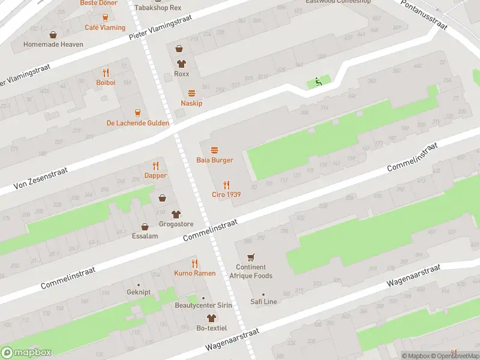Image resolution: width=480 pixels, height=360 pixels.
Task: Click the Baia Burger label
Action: point(214,160)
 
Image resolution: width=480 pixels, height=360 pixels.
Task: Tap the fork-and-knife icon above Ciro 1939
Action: point(226,184)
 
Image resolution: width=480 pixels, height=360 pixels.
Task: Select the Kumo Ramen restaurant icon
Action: point(194,263)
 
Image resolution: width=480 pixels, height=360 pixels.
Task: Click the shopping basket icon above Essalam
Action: point(145,227)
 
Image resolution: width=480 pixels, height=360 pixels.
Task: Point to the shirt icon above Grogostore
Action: point(176,214)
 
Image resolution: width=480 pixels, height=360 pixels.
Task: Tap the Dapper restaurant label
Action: point(155,176)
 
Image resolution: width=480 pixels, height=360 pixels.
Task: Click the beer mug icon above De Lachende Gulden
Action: point(137,113)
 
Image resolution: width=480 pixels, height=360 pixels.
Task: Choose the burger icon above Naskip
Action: point(191,93)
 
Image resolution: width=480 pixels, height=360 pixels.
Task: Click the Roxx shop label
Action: point(181,74)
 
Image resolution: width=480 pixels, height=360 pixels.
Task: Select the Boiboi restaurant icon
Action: point(105,72)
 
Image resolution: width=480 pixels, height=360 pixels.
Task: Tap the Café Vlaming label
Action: point(105,28)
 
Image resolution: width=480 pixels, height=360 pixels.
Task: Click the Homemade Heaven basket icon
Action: point(53,35)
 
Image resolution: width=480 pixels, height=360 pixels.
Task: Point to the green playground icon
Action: point(318,82)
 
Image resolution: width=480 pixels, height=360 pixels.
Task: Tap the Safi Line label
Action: point(263,302)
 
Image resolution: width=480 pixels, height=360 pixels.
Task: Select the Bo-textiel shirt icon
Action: point(211,317)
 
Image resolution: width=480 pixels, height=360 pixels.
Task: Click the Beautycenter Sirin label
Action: point(203,305)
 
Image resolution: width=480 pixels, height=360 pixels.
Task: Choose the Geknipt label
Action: point(139,293)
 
